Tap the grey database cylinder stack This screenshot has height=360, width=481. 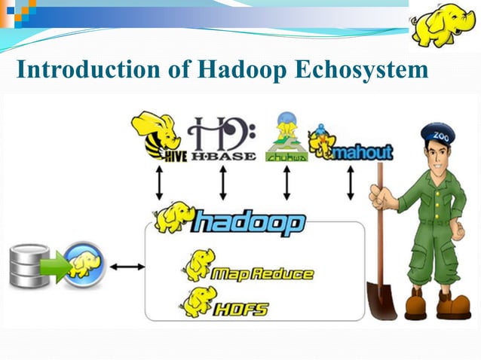(29, 267)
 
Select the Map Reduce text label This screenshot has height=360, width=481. (262, 273)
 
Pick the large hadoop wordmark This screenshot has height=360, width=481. (250, 223)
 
